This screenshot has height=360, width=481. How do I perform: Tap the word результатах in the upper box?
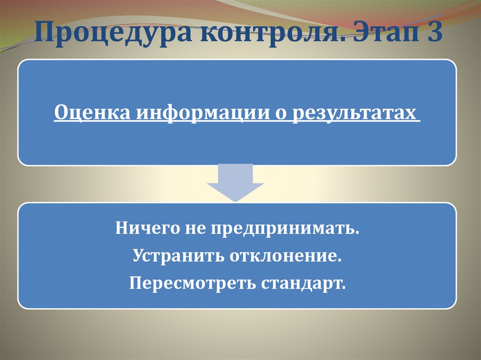pos(355,114)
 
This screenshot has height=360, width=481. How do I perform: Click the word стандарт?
pos(305,283)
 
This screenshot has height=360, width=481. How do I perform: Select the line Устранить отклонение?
pos(236,257)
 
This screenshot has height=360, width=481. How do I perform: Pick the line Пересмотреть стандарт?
pos(237,283)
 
